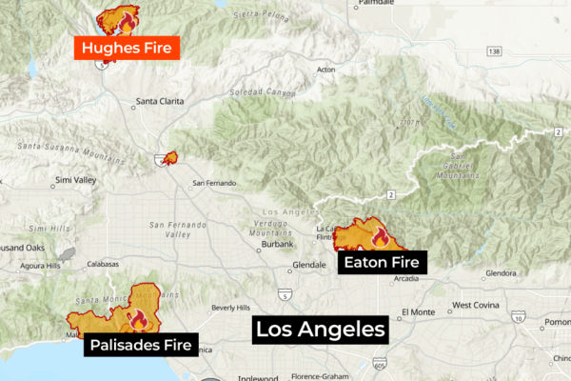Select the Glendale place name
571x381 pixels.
point(309,264)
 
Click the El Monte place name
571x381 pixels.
point(417,311)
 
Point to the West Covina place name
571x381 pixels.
point(474,306)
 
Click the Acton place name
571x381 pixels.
point(325,70)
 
